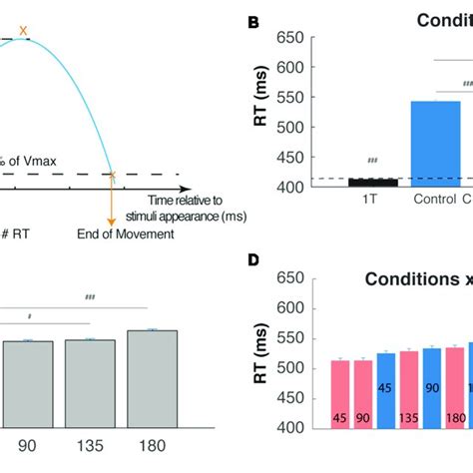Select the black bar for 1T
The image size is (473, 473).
tap(371, 182)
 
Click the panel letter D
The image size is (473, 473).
tap(253, 261)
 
